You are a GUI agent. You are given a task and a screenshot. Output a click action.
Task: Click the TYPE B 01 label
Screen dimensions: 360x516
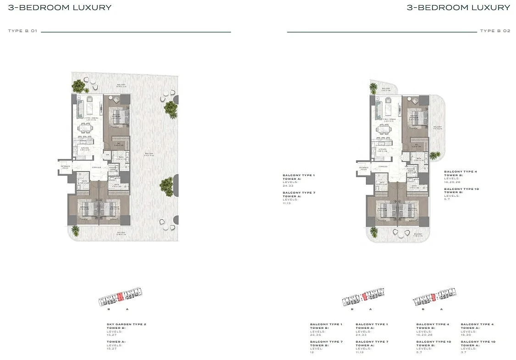(x=22, y=31)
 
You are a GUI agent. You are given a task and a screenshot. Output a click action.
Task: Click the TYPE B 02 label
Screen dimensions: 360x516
(x=495, y=31)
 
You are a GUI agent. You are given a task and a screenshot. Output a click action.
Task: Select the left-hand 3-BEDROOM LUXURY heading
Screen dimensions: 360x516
(x=60, y=8)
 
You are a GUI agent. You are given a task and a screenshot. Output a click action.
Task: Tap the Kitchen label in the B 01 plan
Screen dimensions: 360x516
(x=85, y=149)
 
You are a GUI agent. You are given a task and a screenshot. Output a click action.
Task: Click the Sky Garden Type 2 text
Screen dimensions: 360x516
(x=126, y=324)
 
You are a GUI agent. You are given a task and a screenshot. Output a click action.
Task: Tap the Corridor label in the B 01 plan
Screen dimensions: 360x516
(x=96, y=167)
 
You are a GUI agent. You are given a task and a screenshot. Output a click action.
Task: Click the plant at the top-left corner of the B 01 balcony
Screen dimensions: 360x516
(x=79, y=85)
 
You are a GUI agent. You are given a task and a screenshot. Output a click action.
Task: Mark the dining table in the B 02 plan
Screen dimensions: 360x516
(x=383, y=130)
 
